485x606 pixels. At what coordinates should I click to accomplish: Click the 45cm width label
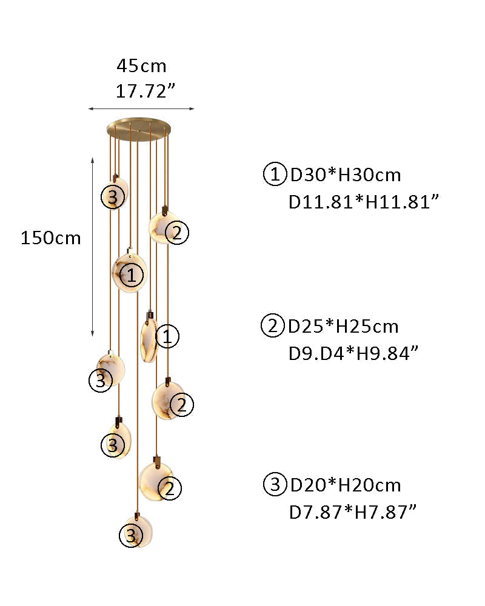(x=141, y=66)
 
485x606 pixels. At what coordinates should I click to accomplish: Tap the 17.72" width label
(x=145, y=92)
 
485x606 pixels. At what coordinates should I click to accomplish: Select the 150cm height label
(x=51, y=238)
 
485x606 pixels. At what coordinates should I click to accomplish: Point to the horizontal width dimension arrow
(x=141, y=109)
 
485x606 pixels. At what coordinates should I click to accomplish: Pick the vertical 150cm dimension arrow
(x=92, y=247)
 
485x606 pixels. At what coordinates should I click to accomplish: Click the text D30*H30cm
(x=346, y=175)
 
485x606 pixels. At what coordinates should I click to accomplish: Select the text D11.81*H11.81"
(x=364, y=202)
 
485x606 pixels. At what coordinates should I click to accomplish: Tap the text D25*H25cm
(x=343, y=327)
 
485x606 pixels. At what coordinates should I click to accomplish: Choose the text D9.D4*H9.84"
(x=353, y=353)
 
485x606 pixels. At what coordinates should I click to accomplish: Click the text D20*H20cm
(x=346, y=485)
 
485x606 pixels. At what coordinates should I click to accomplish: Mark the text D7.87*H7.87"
(x=353, y=512)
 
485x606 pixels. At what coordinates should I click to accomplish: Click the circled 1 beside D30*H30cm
(x=275, y=175)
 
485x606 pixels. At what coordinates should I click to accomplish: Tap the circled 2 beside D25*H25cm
(x=273, y=325)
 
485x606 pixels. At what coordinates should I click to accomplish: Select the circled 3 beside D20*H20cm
(x=275, y=484)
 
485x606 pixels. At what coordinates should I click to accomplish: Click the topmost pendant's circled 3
(x=113, y=197)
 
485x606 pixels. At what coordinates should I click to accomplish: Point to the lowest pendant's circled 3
(x=131, y=536)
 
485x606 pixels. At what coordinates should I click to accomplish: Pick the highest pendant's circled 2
(x=177, y=232)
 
